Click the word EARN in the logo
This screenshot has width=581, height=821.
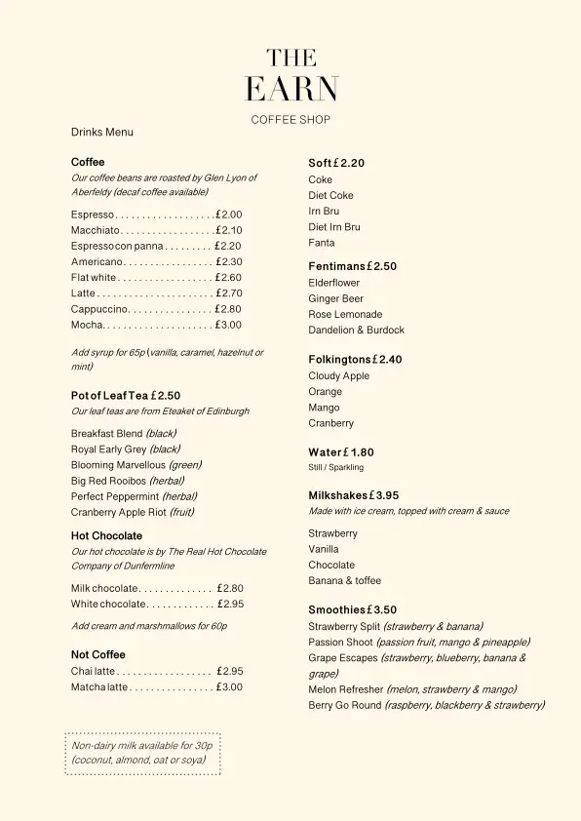click(290, 90)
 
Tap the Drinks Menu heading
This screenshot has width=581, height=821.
click(102, 132)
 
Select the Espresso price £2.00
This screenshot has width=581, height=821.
click(229, 215)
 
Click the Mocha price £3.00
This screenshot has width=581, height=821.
click(229, 325)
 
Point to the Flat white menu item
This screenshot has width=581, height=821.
click(94, 278)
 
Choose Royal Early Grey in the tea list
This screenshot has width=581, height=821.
click(108, 450)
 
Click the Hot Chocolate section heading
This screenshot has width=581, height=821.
click(106, 535)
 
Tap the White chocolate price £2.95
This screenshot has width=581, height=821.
click(230, 605)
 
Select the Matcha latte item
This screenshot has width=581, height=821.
click(99, 687)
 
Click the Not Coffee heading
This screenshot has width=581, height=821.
click(98, 654)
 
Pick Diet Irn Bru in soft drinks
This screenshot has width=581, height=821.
click(334, 227)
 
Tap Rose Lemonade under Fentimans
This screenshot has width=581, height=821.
click(345, 314)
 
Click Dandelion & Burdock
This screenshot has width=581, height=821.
click(356, 330)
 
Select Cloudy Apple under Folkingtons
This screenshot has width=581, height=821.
click(339, 375)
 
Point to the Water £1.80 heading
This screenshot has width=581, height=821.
click(341, 452)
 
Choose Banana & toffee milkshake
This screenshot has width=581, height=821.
click(345, 580)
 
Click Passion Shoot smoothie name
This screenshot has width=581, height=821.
click(340, 642)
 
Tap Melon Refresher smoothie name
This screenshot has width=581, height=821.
click(346, 689)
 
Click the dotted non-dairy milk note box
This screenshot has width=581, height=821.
click(143, 754)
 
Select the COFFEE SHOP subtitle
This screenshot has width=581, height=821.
click(290, 120)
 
